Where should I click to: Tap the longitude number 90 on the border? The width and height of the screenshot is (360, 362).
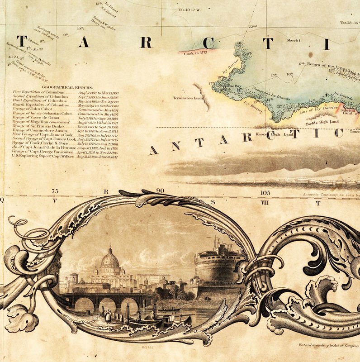point(160,191)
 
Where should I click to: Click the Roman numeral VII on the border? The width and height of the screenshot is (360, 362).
point(265,203)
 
